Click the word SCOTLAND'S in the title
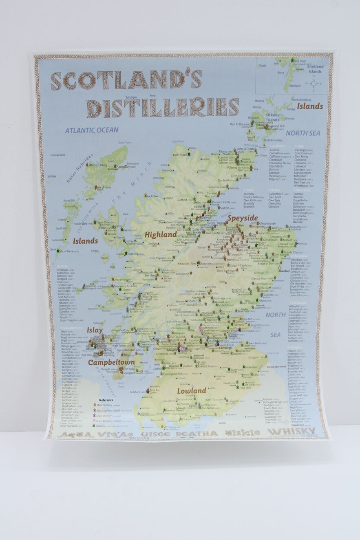click(x=126, y=80)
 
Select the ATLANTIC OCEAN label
click(x=92, y=130)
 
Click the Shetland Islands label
click(x=315, y=69)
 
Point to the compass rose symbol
click(x=314, y=84)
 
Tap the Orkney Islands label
click(x=273, y=117)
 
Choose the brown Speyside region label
click(x=243, y=218)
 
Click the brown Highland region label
click(x=161, y=235)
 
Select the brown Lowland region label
click(x=191, y=391)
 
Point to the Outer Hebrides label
click(x=80, y=168)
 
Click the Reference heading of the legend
click(x=106, y=400)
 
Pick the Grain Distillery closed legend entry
click(x=108, y=421)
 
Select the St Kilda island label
click(x=52, y=176)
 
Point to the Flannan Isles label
click(x=58, y=155)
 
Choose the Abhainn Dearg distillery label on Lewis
click(x=98, y=165)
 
